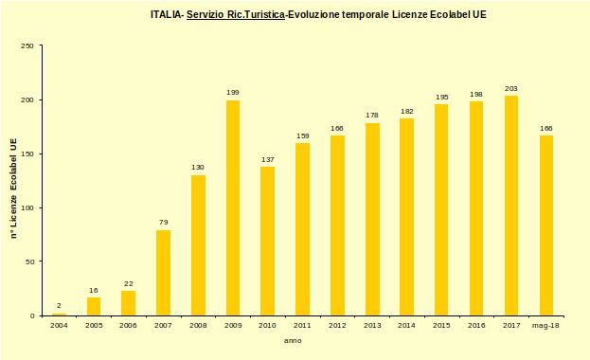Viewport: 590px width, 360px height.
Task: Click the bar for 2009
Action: point(233,207)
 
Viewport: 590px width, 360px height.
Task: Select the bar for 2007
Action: point(163,273)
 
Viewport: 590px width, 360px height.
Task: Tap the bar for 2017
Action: point(511,206)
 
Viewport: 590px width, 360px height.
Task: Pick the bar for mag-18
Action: point(546,225)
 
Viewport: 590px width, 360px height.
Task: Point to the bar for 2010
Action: point(268,241)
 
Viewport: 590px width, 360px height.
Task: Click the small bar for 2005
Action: point(94,306)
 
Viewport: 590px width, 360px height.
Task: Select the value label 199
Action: point(233,93)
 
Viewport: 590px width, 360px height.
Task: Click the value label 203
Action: point(511,88)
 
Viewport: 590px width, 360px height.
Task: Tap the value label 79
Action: point(163,223)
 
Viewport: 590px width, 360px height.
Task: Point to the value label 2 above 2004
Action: point(59,306)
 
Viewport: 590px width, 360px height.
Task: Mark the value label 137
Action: point(268,159)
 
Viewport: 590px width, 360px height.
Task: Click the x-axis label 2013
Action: point(372,325)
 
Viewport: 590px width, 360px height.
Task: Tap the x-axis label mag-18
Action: point(546,325)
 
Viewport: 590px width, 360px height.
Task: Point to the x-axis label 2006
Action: point(129,325)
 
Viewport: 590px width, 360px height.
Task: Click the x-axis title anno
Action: point(294,340)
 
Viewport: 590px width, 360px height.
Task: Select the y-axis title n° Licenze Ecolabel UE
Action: point(13,186)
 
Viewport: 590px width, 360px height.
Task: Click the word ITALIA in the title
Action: point(166,15)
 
